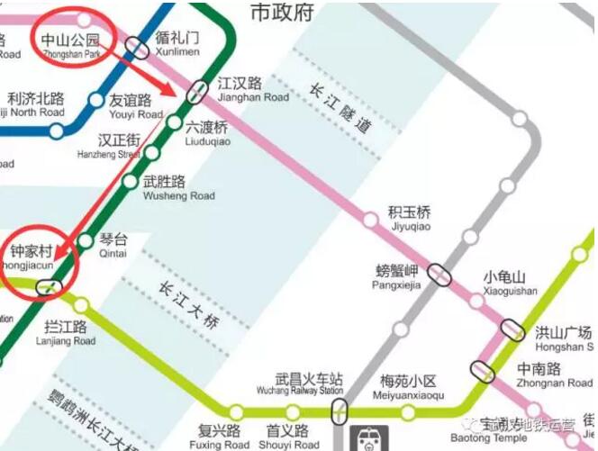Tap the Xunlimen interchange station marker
pyautogui.click(x=137, y=47)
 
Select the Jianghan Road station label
pyautogui.click(x=252, y=89)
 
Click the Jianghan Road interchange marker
pyautogui.click(x=198, y=92)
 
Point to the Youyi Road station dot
pyautogui.click(x=95, y=101)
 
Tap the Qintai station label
pyautogui.click(x=113, y=244)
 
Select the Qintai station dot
pyautogui.click(x=86, y=241)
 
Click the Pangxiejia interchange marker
pyautogui.click(x=439, y=275)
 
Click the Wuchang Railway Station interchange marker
pyautogui.click(x=340, y=413)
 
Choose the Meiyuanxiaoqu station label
pyautogui.click(x=408, y=387)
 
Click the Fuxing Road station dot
pyautogui.click(x=236, y=413)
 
